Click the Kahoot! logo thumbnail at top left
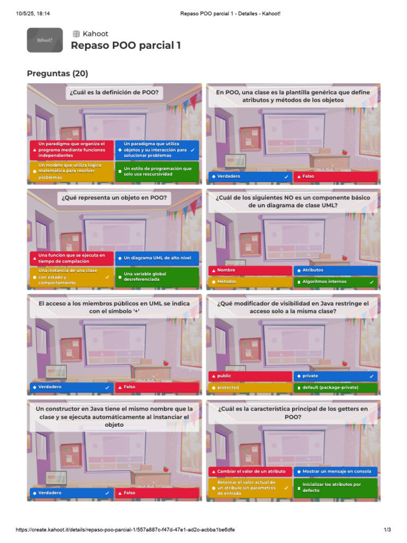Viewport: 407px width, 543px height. coord(45,40)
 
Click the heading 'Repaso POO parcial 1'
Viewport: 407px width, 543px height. coord(126,46)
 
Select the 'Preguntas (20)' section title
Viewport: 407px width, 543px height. coord(57,73)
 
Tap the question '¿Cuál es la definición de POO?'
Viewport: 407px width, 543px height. coord(114,93)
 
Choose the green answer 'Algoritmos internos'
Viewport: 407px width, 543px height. coord(335,282)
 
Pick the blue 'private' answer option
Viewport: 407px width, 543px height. coord(335,376)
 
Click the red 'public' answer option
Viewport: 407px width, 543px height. coord(250,376)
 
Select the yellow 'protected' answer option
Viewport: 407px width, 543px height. coord(250,388)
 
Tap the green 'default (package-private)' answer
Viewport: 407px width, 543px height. coord(335,388)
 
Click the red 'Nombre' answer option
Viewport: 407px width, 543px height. coord(250,270)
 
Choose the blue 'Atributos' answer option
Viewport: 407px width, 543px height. coord(335,270)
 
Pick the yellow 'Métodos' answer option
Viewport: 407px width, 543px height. coord(250,282)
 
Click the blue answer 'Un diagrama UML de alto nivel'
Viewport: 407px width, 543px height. coord(157,258)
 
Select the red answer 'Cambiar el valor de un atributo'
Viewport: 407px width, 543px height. coord(250,471)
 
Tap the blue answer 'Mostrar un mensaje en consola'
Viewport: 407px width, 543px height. coord(335,471)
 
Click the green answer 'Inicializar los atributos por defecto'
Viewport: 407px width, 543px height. coord(335,487)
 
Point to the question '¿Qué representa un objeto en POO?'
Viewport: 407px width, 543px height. coord(114,198)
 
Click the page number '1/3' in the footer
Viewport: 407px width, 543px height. coord(387,530)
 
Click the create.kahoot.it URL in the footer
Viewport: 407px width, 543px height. coord(125,530)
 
